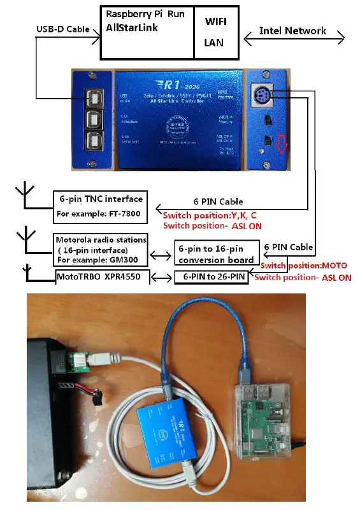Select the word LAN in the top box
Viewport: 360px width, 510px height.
click(x=213, y=41)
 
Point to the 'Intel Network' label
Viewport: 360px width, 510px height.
click(x=292, y=30)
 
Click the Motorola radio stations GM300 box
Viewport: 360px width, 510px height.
click(x=99, y=250)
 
